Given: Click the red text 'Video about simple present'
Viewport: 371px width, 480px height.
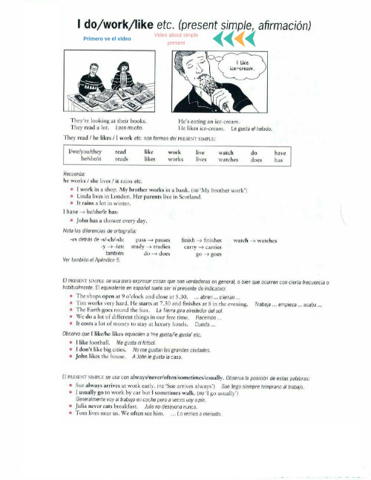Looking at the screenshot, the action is pos(177,39).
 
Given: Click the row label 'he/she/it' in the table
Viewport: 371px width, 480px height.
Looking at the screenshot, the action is pos(91,159).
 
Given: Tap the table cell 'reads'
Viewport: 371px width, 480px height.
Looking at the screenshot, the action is pos(122,159).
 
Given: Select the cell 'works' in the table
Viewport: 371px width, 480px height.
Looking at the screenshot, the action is pos(176,159).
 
